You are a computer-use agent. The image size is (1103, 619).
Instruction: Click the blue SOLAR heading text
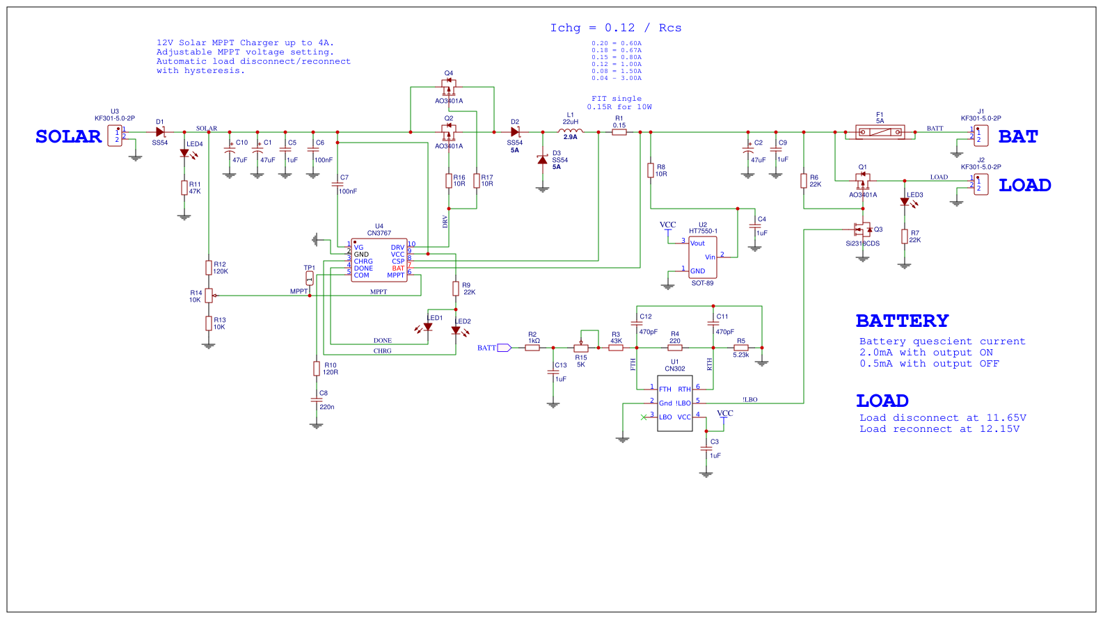[x=68, y=136]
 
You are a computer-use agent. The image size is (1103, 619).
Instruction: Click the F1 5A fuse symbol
[x=880, y=132]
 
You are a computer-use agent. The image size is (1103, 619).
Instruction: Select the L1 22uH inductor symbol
[x=571, y=131]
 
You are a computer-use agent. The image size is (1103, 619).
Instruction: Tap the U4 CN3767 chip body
[x=379, y=261]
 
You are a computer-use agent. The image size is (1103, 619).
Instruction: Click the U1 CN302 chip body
[x=674, y=403]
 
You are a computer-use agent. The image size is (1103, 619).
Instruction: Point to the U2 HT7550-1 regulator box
[x=703, y=257]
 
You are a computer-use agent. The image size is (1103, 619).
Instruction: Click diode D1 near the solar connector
[x=160, y=132]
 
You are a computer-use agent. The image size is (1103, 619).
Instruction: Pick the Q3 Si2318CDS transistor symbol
[x=863, y=230]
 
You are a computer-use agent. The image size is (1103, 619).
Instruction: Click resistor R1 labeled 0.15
[x=619, y=132]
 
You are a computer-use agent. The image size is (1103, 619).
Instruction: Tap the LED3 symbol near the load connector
[x=905, y=202]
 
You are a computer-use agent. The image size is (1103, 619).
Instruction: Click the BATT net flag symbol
[x=504, y=348]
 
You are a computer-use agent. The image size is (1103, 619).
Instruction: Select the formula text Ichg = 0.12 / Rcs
[x=616, y=28]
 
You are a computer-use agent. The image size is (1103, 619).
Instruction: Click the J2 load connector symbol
[x=981, y=184]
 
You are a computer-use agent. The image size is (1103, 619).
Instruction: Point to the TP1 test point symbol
[x=310, y=278]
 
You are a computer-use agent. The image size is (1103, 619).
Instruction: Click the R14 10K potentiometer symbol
[x=209, y=296]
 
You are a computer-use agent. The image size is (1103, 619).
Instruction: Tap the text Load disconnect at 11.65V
[x=942, y=418]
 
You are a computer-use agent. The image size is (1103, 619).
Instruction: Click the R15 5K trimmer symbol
[x=581, y=348]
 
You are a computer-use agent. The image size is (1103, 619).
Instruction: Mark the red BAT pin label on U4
[x=398, y=268]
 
